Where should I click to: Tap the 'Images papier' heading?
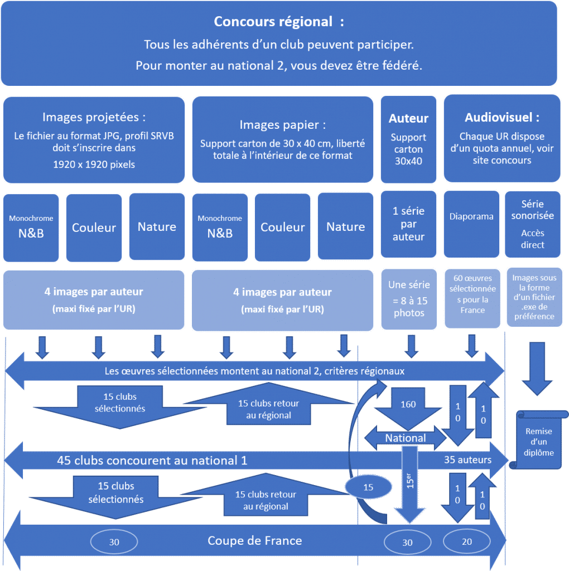click(282, 124)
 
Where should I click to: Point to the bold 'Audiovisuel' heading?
click(502, 118)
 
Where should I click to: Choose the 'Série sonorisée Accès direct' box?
click(532, 224)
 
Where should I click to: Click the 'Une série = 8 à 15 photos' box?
click(409, 299)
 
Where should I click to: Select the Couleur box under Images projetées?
click(94, 228)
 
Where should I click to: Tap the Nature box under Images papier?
click(345, 227)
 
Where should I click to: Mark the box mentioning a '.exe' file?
click(533, 297)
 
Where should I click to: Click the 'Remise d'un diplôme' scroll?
click(539, 441)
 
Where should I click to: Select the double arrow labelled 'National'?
click(406, 438)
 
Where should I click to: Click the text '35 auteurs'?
click(467, 460)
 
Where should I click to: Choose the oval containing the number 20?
click(466, 541)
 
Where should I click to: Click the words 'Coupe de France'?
click(254, 540)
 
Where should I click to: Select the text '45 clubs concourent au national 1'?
click(152, 461)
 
